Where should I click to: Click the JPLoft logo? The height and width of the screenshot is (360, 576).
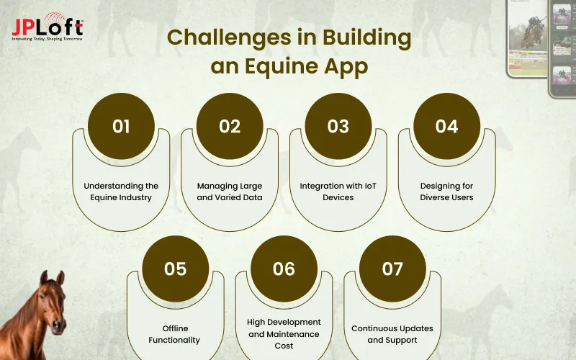(48, 27)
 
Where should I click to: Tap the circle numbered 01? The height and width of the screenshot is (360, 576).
(121, 126)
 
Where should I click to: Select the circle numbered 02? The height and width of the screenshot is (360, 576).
(230, 126)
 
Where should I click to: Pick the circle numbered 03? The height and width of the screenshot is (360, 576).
(338, 126)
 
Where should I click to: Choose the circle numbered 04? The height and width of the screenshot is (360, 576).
(446, 126)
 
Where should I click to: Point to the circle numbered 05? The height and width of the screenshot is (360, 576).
(175, 269)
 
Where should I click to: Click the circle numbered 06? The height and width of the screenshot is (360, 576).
(284, 269)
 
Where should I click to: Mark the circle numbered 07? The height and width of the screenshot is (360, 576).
(392, 269)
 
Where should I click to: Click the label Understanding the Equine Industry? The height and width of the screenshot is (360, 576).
(121, 192)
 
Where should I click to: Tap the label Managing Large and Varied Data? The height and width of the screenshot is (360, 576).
(230, 192)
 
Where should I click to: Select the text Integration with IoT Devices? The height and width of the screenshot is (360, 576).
(338, 192)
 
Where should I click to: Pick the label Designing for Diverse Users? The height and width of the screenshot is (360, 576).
(446, 192)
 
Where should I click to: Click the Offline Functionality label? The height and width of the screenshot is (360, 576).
(175, 334)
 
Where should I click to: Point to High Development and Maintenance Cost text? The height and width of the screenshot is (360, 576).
(284, 334)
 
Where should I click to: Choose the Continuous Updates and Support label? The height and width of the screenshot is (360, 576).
(392, 334)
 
